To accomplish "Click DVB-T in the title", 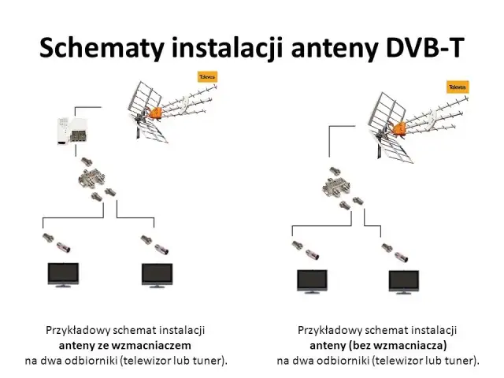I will pyautogui.click(x=424, y=48).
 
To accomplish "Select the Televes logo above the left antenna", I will pyautogui.click(x=206, y=77).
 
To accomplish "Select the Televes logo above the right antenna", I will pyautogui.click(x=458, y=87).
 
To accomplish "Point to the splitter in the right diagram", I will pyautogui.click(x=339, y=188).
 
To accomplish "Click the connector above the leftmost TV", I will pyautogui.click(x=53, y=241).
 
